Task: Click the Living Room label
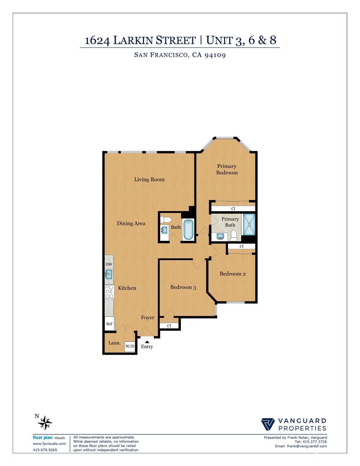click(149, 179)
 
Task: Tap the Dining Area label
click(131, 223)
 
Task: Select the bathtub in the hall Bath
click(188, 230)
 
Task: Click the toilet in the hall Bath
click(166, 219)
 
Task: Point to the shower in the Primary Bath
click(248, 224)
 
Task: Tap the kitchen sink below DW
click(109, 274)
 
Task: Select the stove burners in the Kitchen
click(109, 291)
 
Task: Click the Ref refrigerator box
click(109, 324)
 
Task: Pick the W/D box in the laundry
click(130, 346)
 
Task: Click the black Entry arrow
click(147, 342)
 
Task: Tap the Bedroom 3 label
click(183, 287)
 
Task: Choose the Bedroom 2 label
click(233, 274)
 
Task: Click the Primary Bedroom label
click(227, 169)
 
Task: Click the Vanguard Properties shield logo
click(268, 424)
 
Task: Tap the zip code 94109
click(215, 55)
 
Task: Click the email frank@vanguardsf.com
click(301, 446)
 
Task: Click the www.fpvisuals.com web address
click(49, 444)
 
